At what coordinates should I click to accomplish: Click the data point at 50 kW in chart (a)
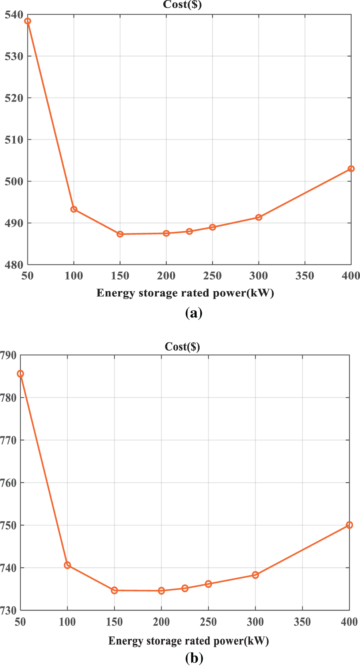coord(28,21)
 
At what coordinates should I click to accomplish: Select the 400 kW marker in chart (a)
coord(351,169)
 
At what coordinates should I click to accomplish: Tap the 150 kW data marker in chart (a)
coord(120,234)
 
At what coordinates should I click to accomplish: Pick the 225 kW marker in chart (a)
coord(189,231)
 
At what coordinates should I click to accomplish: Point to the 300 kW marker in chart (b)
coord(255,575)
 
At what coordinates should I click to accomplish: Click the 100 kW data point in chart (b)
coord(67,565)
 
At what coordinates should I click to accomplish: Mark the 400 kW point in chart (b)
coord(349,525)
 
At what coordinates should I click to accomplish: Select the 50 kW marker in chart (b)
coord(20,374)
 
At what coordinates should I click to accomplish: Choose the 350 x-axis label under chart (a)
coord(305,276)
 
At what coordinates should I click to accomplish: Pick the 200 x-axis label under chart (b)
coord(161,622)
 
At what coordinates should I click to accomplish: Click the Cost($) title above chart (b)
coord(182,346)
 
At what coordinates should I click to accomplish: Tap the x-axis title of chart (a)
coord(185,293)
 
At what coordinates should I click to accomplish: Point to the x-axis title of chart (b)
coord(189,641)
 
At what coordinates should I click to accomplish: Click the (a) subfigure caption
coord(194,313)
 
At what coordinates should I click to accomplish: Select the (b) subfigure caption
coord(194,658)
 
